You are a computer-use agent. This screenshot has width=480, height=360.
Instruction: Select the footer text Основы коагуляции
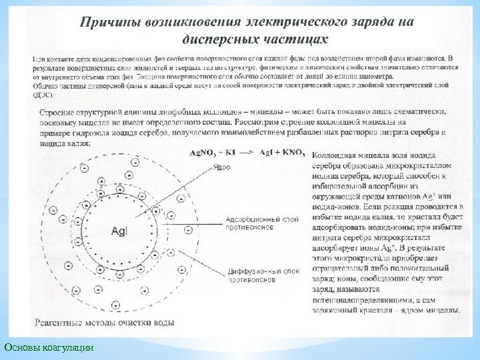coord(48,347)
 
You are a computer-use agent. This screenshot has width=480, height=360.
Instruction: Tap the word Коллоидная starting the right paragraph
coord(339,153)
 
